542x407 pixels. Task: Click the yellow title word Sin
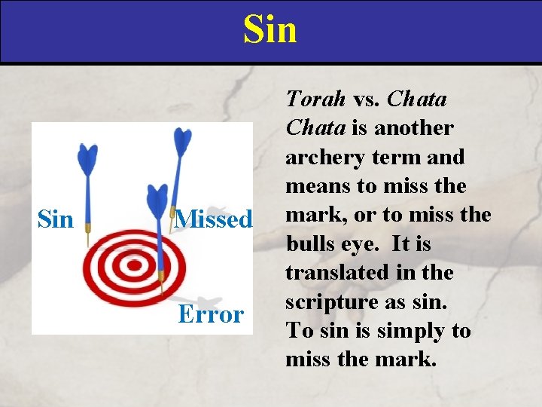[270, 30]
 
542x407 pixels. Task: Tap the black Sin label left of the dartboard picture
[56, 219]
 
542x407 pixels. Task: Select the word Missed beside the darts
[214, 219]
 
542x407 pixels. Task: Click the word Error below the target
[211, 314]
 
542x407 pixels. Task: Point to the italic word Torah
[315, 99]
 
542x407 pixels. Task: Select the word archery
[321, 157]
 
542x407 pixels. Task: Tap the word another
[413, 128]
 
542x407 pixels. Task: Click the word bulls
[309, 244]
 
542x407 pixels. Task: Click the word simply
[395, 331]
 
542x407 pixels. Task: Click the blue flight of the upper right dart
[183, 143]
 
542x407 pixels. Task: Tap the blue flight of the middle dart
[157, 200]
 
